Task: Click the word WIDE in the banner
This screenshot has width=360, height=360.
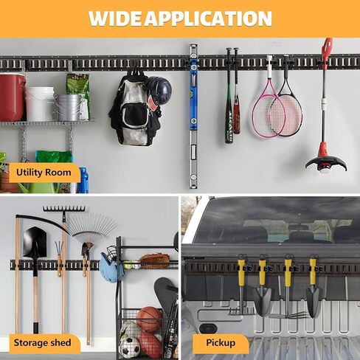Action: (x=116, y=18)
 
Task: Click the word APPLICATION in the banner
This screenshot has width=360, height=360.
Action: (x=208, y=18)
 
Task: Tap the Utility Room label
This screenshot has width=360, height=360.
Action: (x=44, y=173)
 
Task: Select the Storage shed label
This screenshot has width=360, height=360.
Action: (x=43, y=343)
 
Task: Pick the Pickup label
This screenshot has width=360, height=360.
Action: (x=221, y=343)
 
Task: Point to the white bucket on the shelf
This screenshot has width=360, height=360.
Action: (x=40, y=103)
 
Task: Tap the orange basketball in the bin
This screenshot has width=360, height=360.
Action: (x=149, y=319)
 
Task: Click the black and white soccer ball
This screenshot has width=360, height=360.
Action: (x=130, y=346)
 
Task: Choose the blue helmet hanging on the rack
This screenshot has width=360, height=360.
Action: (x=111, y=268)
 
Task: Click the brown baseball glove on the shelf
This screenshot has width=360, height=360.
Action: (x=155, y=260)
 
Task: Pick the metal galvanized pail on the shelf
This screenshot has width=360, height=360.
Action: (x=68, y=108)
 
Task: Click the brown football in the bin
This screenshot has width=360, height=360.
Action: (x=150, y=345)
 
